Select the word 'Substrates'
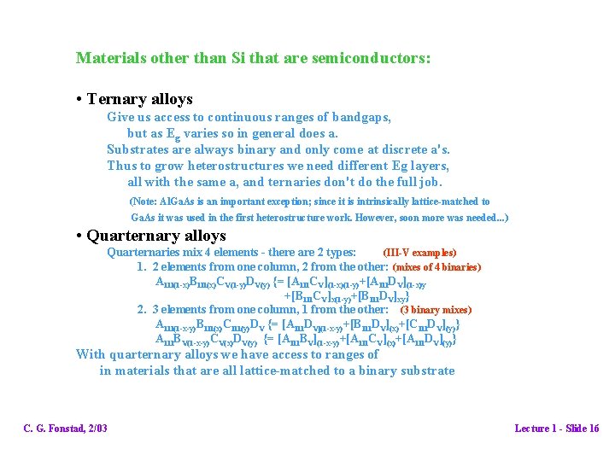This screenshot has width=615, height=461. click(x=139, y=149)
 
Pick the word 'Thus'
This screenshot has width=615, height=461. click(x=121, y=166)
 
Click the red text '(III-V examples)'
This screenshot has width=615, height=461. click(x=419, y=253)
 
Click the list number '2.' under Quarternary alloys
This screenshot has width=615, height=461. click(x=143, y=310)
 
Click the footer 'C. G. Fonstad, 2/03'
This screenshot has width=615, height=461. click(x=65, y=428)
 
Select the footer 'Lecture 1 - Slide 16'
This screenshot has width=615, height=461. click(x=556, y=428)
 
